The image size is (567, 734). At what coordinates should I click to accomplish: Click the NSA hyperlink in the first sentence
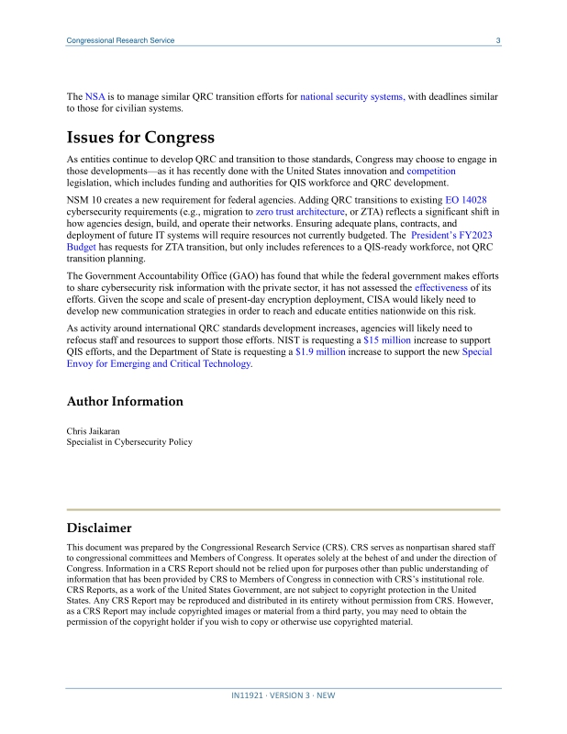pos(95,95)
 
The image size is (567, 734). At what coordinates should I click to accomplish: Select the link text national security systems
pos(352,95)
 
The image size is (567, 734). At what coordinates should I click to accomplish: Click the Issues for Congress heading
pos(140,138)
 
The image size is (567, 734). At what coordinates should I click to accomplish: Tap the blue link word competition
pos(431,172)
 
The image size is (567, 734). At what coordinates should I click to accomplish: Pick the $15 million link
pos(387,339)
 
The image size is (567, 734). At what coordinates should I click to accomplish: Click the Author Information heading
pos(125,402)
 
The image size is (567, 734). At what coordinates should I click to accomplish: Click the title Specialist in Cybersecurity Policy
pos(129,442)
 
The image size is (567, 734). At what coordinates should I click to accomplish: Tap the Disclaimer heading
pos(99,528)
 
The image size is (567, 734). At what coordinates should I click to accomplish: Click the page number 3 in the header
pos(497,40)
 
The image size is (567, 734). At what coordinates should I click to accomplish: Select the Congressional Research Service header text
pos(121,40)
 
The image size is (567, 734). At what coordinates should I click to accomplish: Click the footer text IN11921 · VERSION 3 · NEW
pos(283,695)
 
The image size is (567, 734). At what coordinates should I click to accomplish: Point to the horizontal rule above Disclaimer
pos(283,509)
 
